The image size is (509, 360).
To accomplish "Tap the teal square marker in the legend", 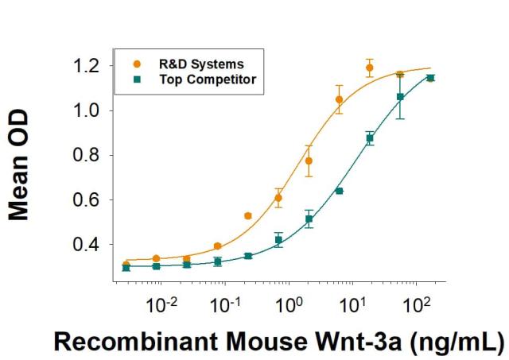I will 138,79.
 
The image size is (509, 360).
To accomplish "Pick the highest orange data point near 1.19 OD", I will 369,68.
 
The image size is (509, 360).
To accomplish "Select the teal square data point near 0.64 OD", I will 339,191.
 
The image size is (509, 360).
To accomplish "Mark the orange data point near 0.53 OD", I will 247,215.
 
